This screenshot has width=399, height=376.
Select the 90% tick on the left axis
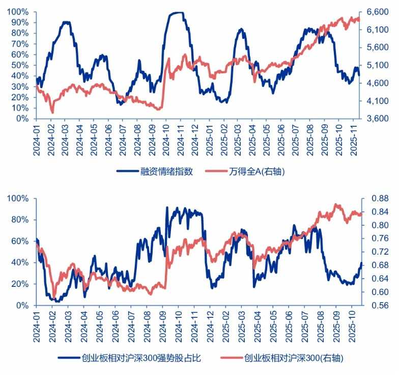pyautogui.click(x=19, y=22)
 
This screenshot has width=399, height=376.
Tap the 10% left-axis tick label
pyautogui.click(x=19, y=108)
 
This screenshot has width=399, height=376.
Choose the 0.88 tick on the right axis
pyautogui.click(x=378, y=198)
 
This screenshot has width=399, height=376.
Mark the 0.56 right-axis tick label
pyautogui.click(x=378, y=306)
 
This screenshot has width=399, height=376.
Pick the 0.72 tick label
pyautogui.click(x=378, y=252)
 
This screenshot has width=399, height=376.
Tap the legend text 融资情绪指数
pyautogui.click(x=167, y=171)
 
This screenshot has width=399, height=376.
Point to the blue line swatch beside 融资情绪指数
pyautogui.click(x=128, y=171)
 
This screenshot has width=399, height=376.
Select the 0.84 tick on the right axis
pyautogui.click(x=378, y=212)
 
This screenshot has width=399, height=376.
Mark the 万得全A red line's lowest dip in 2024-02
pyautogui.click(x=52, y=112)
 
